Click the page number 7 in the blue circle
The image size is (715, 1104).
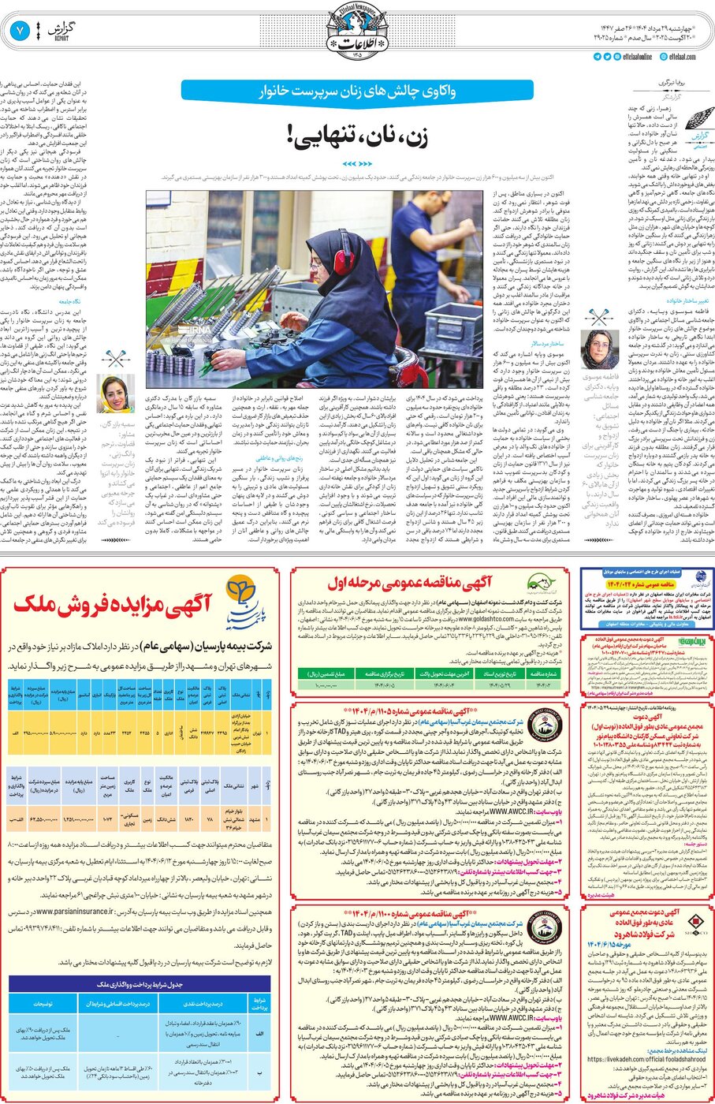point(19,31)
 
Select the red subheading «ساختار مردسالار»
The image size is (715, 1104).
point(547,343)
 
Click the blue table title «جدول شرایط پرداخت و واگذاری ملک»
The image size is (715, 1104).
point(140,984)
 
